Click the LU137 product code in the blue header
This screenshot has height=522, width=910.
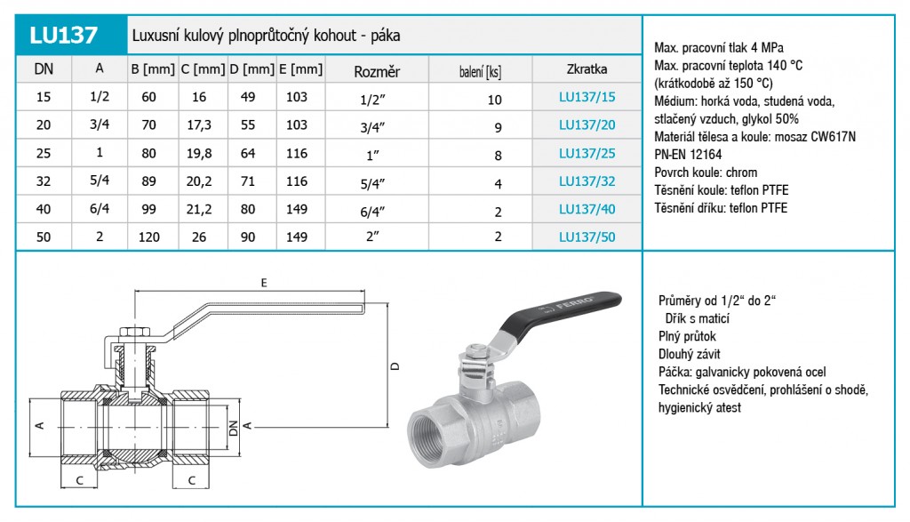coord(63,36)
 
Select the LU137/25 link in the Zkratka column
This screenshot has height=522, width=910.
coord(587,153)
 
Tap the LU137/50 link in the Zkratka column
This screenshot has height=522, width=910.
coord(587,237)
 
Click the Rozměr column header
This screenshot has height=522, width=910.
coord(377,72)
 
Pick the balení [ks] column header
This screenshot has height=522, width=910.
coord(480,72)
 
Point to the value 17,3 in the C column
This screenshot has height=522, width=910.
coord(199,125)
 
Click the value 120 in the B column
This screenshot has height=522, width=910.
coord(149,237)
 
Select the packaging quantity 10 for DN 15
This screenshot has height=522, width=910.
coord(494,100)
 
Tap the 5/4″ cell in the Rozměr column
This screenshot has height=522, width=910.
coord(372,184)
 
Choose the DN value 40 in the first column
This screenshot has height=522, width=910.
coord(44,209)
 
